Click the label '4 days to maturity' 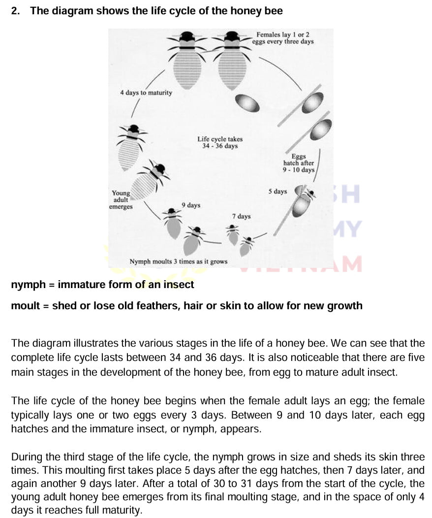pos(146,93)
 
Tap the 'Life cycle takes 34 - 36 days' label pos(220,143)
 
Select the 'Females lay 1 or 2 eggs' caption pos(283,38)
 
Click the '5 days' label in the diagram pos(278,192)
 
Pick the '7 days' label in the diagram pos(241,216)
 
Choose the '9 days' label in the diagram pos(191,205)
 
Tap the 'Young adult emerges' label pos(121,200)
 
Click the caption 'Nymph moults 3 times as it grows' pos(178,261)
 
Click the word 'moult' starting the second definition pos(26,306)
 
